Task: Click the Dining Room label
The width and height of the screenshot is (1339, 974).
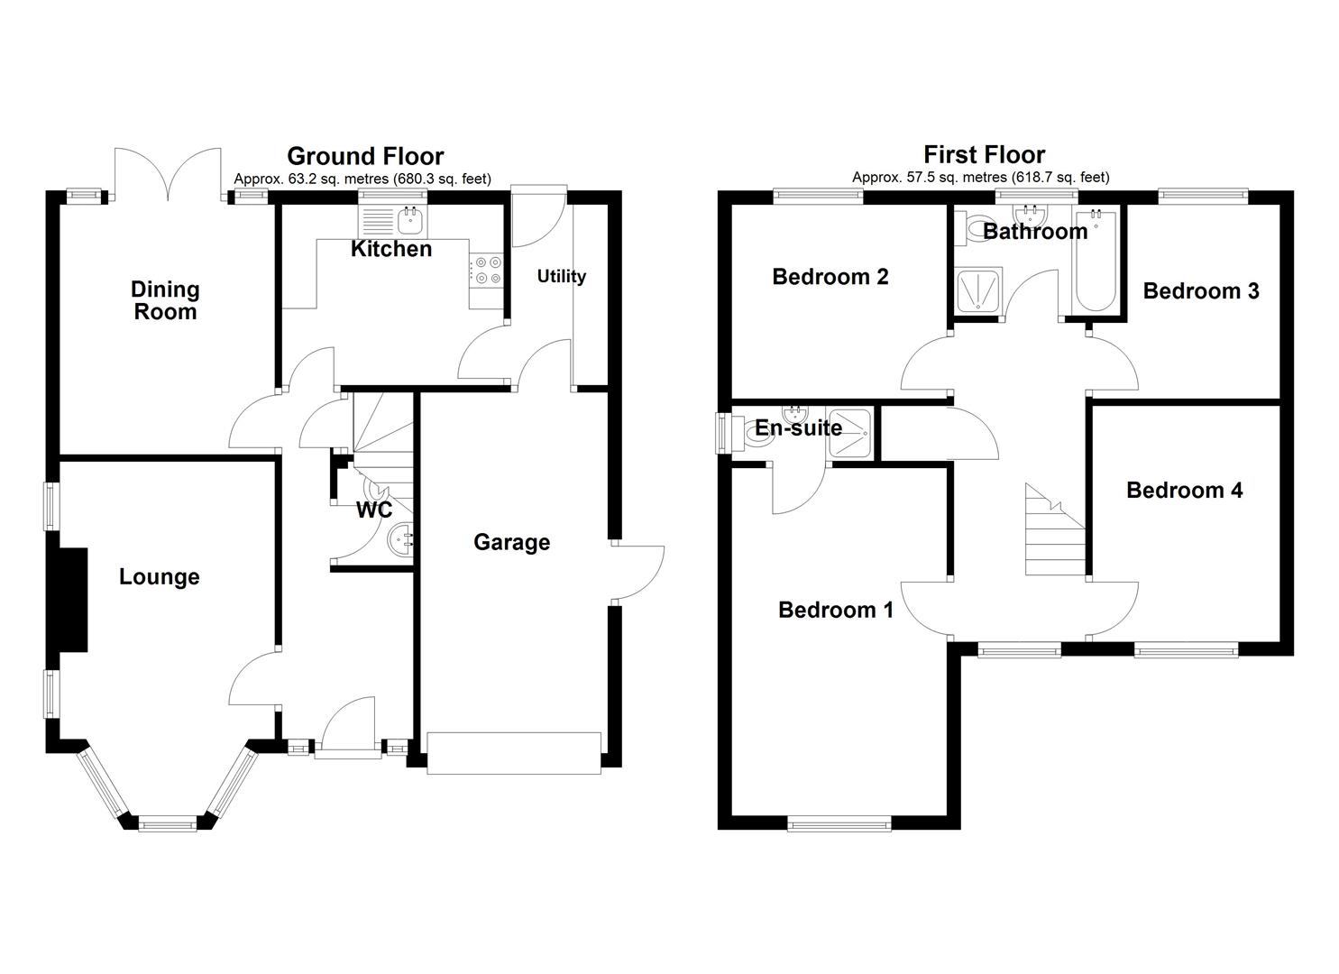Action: point(164,300)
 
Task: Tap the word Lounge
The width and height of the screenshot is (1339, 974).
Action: point(159,577)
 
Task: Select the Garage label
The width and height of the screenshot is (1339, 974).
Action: point(511,542)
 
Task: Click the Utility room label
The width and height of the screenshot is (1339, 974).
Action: point(561,276)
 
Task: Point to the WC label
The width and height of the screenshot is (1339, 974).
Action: point(374,510)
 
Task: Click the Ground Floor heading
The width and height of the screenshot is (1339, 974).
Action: point(365,156)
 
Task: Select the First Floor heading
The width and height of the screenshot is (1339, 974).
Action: point(984,154)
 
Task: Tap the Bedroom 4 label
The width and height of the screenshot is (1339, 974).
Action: point(1184,490)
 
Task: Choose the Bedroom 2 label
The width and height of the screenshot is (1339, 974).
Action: point(830,277)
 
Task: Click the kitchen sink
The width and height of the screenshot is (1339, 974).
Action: point(410,217)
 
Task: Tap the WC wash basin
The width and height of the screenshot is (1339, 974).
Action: point(399,541)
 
